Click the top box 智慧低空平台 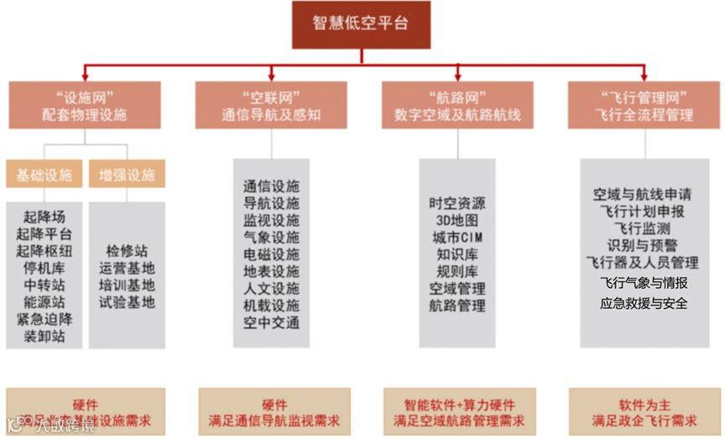coord(362,24)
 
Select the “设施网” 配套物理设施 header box coord(85,105)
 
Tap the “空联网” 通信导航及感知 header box coord(271,105)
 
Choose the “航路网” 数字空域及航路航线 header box coord(457,105)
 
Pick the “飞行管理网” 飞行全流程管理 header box coord(644,105)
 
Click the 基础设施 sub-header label coord(44,175)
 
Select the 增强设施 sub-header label coord(127,175)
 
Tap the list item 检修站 coord(127,251)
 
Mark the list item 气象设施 coord(271,238)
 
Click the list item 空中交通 coord(271,322)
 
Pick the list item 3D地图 coord(457,220)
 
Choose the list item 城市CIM coord(457,238)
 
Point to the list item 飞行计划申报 coord(644,211)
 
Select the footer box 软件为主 coord(644,405)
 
